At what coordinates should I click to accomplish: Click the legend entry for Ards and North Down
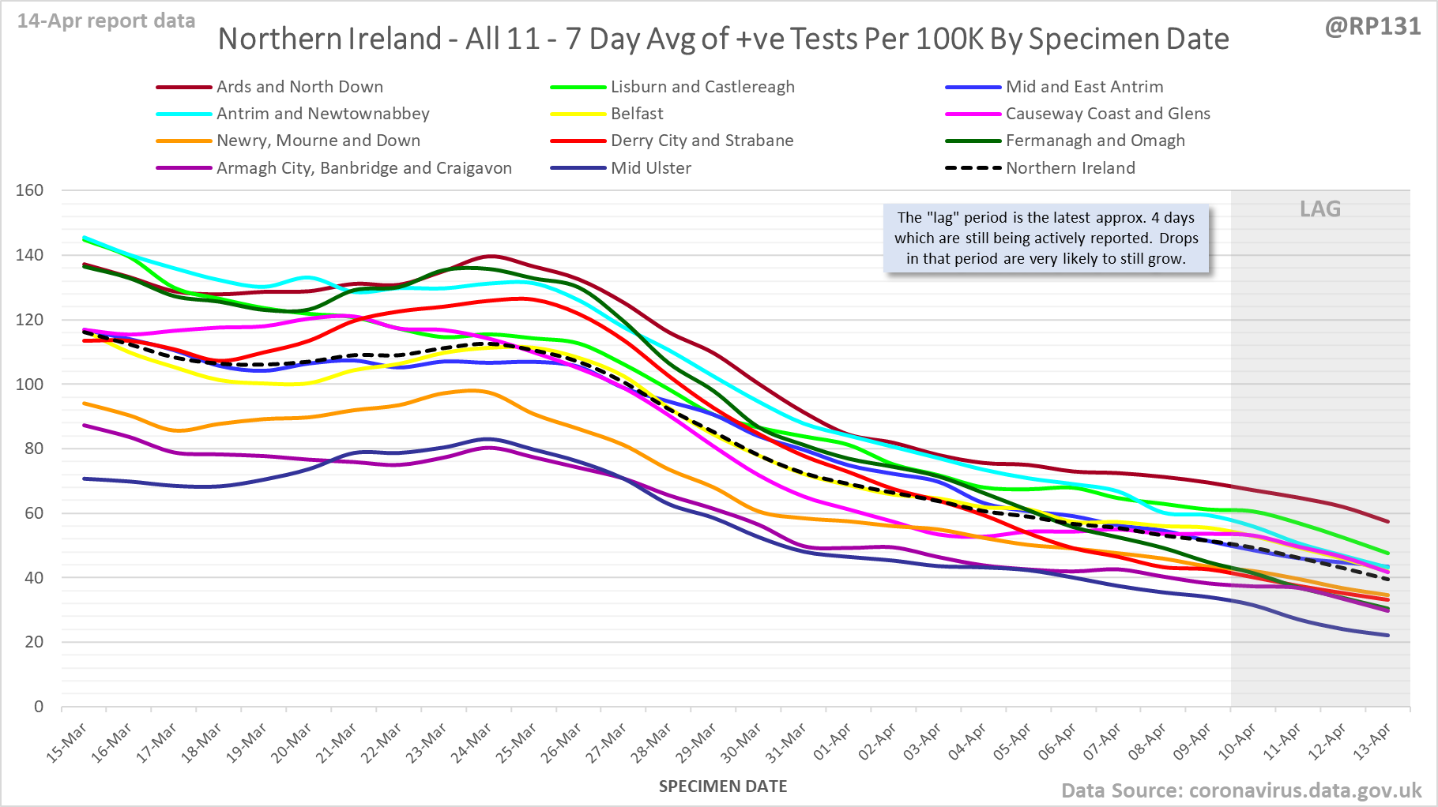[x=299, y=87]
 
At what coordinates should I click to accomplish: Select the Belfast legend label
[x=637, y=114]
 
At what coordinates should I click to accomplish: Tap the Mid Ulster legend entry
[x=650, y=168]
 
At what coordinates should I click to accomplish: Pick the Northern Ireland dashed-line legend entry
[x=1070, y=168]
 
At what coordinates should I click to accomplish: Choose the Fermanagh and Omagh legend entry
[x=1094, y=141]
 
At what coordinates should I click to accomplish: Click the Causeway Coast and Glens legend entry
[x=1107, y=114]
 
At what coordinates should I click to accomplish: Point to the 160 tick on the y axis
[x=29, y=190]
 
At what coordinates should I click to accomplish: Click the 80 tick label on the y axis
[x=34, y=449]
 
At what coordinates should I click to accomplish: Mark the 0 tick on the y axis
[x=39, y=707]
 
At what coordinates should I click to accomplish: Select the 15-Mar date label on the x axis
[x=67, y=743]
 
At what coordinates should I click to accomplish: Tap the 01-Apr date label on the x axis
[x=833, y=742]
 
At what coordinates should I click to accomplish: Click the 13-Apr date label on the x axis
[x=1372, y=742]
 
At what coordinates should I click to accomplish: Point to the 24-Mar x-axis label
[x=472, y=743]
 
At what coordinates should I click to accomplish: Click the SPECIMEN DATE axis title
[x=723, y=786]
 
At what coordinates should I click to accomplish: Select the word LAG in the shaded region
[x=1320, y=209]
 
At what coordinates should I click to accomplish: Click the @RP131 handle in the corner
[x=1372, y=26]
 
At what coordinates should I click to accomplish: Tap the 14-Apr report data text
[x=107, y=21]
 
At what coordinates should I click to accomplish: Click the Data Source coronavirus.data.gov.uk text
[x=1241, y=790]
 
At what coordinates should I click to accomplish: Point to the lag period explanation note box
[x=1046, y=238]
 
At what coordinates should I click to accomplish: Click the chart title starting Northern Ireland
[x=723, y=39]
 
